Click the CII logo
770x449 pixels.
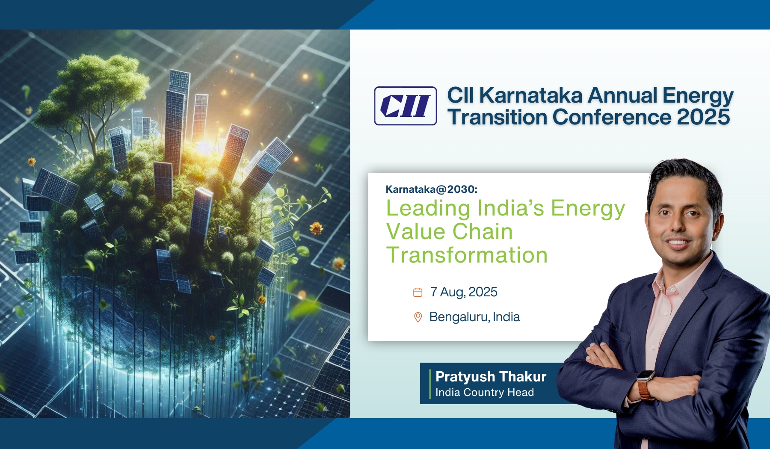pos(406,106)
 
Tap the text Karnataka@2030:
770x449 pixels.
pos(432,189)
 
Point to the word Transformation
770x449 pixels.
pos(467,255)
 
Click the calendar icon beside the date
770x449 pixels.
pos(418,292)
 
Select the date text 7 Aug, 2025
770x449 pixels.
pos(464,292)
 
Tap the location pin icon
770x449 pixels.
pos(418,317)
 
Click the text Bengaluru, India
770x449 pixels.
pos(474,317)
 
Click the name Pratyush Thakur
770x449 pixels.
pos(491,377)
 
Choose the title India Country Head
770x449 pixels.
pos(485,392)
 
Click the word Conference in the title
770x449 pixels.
pos(612,117)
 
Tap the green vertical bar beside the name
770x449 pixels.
pos(430,384)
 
